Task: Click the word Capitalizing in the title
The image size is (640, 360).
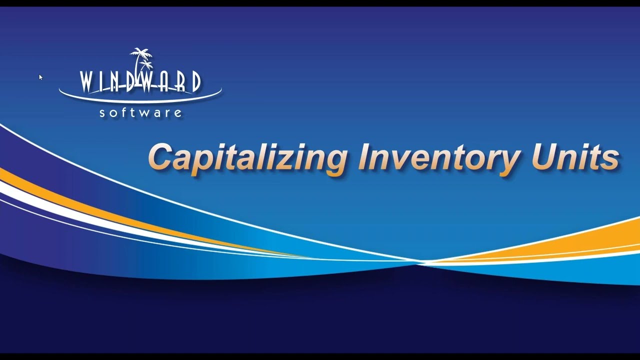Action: [248, 157]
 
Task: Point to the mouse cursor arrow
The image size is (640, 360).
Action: [40, 77]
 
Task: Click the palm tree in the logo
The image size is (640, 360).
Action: [142, 60]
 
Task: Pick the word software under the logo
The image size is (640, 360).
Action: [140, 112]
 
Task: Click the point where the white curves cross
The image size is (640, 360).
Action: [419, 262]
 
